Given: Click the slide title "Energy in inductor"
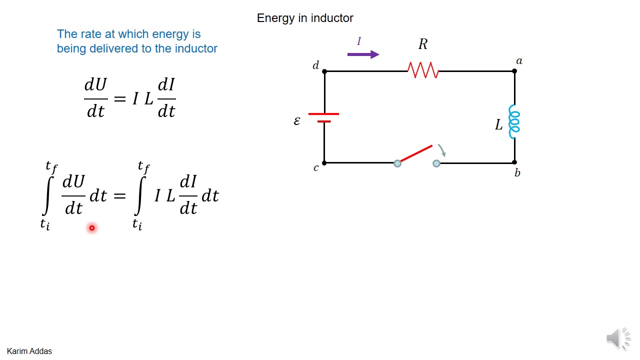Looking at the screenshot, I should click(x=305, y=18).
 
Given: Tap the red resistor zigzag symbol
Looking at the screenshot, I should click(x=423, y=70).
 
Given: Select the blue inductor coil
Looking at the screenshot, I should click(x=514, y=121).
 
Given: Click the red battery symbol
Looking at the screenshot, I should click(x=324, y=117).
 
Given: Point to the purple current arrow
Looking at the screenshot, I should click(x=363, y=54).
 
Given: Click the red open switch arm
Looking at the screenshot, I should click(x=415, y=154).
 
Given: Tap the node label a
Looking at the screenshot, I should click(x=519, y=61).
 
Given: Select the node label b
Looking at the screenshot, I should click(x=517, y=173).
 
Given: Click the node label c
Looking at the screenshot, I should click(x=315, y=168).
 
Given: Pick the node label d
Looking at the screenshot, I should click(x=315, y=65).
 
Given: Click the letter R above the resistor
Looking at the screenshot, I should click(x=423, y=44).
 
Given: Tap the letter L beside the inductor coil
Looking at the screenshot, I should click(x=498, y=125).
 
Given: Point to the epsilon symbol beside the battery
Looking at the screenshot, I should click(x=297, y=121).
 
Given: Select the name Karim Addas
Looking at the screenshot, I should click(x=29, y=351).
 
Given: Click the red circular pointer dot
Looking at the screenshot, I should click(x=92, y=228).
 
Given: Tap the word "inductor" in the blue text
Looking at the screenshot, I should click(x=196, y=48).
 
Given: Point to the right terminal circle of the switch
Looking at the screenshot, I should click(x=436, y=163).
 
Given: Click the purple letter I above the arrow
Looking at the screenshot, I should click(x=358, y=41).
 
